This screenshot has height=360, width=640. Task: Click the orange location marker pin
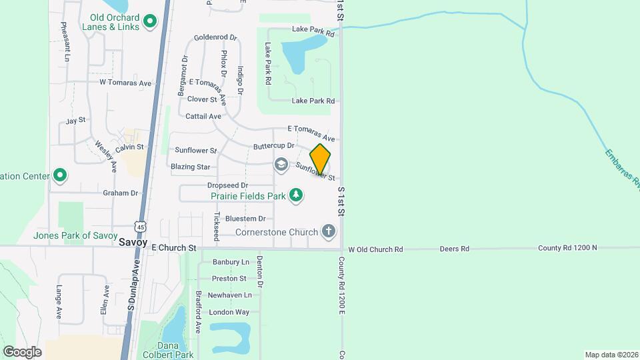[320, 159]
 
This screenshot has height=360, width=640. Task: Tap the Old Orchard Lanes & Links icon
[150, 21]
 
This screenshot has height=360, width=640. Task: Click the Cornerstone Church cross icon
[328, 232]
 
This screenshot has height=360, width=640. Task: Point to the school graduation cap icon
[281, 164]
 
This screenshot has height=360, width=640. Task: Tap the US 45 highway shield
[139, 225]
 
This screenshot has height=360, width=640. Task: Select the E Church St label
[173, 248]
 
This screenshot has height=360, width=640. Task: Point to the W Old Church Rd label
[376, 249]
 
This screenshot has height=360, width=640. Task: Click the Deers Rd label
[455, 249]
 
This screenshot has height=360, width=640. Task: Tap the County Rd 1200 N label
[567, 248]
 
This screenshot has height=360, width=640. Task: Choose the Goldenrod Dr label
[215, 37]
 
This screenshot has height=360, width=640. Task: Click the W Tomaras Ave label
[126, 83]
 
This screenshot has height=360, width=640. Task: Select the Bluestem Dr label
[245, 219]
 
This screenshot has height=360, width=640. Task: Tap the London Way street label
[229, 312]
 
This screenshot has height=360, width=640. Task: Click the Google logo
[22, 351]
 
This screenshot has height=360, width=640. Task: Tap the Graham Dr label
[120, 193]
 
